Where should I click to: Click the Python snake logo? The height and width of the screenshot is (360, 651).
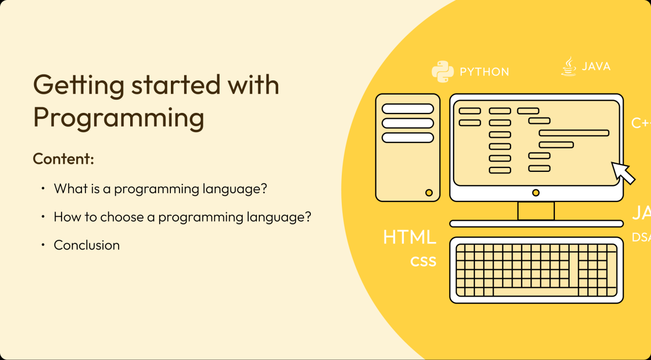(x=442, y=72)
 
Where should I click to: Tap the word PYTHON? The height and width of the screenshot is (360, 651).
(x=484, y=72)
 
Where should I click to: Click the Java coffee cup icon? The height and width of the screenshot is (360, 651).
(x=569, y=67)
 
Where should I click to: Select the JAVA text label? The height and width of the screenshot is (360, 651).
(x=596, y=67)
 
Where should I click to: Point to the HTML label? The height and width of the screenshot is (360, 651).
(x=409, y=237)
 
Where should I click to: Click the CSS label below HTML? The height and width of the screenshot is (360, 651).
(x=423, y=261)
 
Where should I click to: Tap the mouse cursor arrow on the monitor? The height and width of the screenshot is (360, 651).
(x=623, y=173)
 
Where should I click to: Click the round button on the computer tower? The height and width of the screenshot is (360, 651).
(x=429, y=193)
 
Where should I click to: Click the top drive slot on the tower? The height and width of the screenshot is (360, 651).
(x=407, y=109)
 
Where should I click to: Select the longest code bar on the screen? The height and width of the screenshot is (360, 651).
(x=574, y=133)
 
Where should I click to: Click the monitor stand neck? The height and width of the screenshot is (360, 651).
(x=536, y=211)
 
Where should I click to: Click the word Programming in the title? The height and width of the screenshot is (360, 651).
(x=119, y=118)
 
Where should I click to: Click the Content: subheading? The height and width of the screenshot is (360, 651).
(x=64, y=159)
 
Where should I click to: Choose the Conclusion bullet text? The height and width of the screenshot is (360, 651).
(x=86, y=245)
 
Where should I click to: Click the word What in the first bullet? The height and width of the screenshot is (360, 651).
(x=70, y=189)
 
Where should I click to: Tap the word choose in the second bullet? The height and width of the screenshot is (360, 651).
(x=122, y=217)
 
